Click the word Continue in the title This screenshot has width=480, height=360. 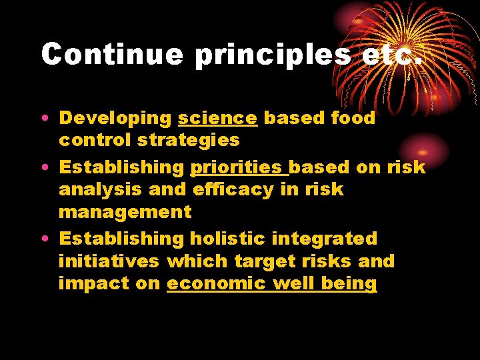point(111,54)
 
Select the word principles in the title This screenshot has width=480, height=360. point(272,54)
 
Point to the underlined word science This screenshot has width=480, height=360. point(217,118)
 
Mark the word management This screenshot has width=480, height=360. point(125,213)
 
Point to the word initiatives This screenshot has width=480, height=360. point(109,261)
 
